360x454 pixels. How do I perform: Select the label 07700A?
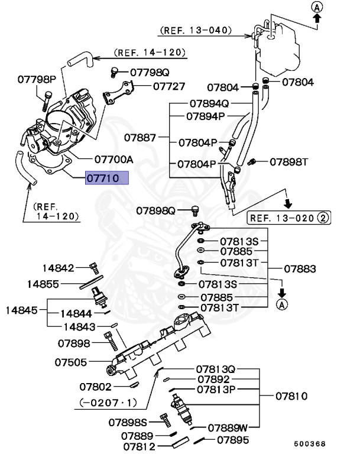[113, 160]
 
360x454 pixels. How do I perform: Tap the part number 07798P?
[36, 79]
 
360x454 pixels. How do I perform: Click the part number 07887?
[140, 137]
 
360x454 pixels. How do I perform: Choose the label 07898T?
[290, 161]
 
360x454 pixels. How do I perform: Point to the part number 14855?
[42, 284]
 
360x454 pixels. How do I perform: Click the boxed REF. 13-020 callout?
[288, 218]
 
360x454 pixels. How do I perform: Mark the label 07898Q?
[156, 210]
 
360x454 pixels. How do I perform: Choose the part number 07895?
[232, 440]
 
